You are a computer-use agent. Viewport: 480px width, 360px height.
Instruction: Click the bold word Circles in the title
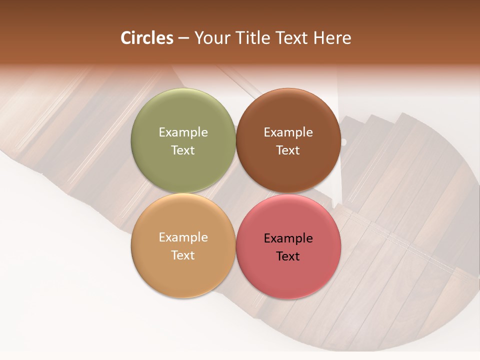coord(147,38)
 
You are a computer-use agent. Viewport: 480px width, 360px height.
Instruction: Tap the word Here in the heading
coord(332,38)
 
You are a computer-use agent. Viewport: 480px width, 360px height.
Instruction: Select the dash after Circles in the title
coord(183,38)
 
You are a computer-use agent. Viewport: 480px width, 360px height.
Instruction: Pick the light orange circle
coord(183,270)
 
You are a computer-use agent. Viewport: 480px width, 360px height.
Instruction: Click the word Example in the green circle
coord(183,132)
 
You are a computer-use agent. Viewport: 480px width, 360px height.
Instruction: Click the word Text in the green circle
coord(183,150)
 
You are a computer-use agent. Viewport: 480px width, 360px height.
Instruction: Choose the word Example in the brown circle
coord(288,132)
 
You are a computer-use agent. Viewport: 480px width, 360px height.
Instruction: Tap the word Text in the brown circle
coord(288,150)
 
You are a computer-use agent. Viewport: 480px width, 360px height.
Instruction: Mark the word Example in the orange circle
coord(183,237)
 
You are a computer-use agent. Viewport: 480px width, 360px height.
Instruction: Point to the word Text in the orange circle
coord(183,255)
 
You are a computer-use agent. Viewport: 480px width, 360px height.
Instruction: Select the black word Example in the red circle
coord(288,238)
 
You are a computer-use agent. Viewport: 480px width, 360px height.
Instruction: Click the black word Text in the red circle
coord(288,256)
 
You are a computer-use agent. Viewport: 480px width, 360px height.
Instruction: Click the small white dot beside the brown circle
coord(343,142)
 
